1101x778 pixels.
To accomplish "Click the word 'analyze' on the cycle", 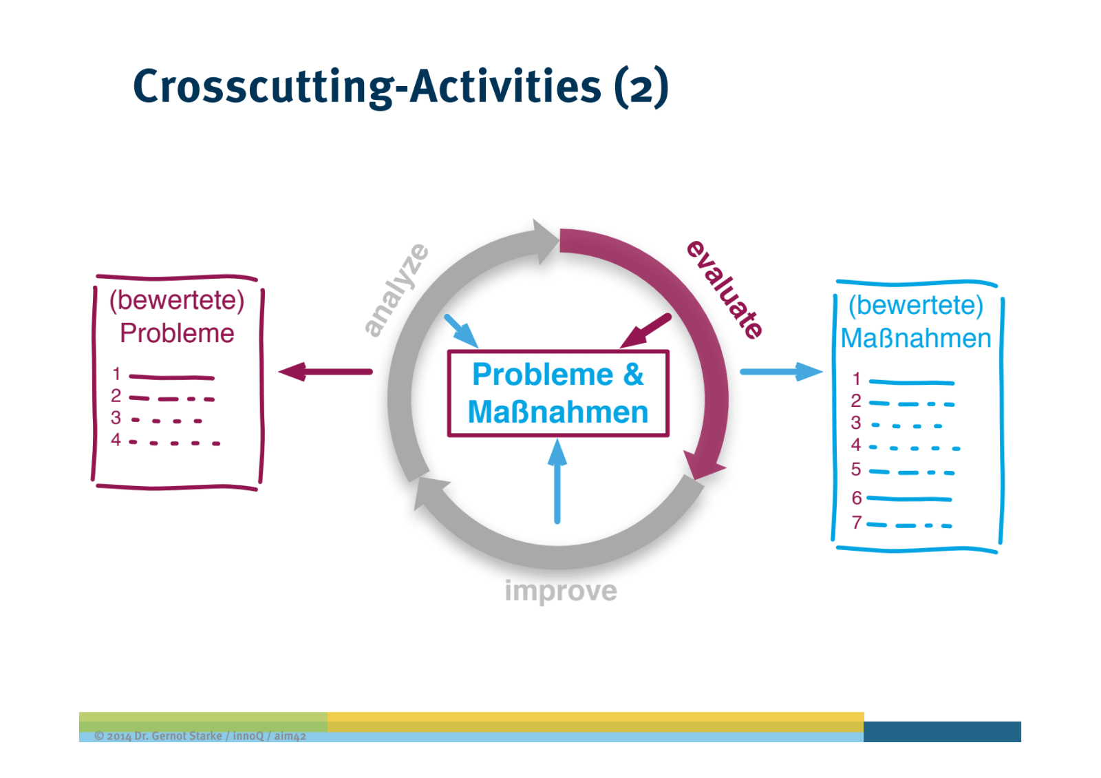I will pos(396,290).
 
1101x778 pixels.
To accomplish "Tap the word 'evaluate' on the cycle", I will pos(725,289).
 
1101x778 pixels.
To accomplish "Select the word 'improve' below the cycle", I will pos(560,591).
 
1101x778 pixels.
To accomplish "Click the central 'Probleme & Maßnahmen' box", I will pos(557,393).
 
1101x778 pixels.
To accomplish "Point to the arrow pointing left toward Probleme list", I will pos(325,372).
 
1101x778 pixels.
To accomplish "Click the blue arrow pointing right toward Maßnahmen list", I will pos(781,372).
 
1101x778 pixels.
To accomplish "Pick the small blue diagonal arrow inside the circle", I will pos(460,330).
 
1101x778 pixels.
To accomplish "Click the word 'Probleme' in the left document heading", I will pos(177,333).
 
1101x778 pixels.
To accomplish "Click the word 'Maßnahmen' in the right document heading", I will pos(916,338).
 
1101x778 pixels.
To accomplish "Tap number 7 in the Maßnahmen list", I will pos(856,523).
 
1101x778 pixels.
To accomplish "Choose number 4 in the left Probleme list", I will pos(116,440).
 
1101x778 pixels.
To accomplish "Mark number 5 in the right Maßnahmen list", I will pos(855,470).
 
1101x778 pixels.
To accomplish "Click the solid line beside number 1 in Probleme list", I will pos(171,377).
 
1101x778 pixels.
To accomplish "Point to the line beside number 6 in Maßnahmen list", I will pos(909,498).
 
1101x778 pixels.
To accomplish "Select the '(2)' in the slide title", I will pos(641,87).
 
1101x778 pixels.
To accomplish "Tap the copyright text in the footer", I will pos(200,736).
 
